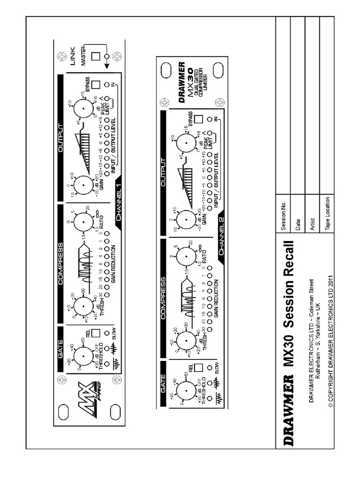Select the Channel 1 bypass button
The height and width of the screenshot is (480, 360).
tap(96, 85)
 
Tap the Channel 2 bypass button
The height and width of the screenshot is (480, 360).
tap(198, 119)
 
